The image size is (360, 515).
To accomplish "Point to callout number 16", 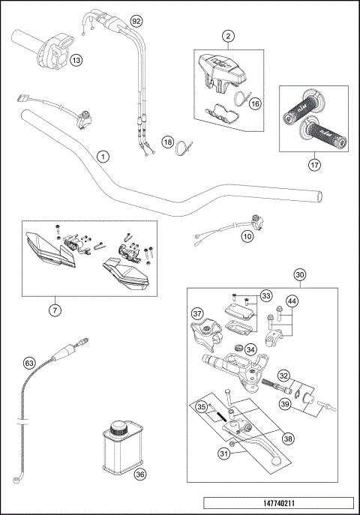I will pyautogui.click(x=254, y=104).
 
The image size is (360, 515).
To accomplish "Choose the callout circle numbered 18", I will pyautogui.click(x=169, y=142).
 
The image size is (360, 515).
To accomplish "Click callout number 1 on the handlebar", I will pyautogui.click(x=103, y=156).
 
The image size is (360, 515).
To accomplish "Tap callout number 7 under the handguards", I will pyautogui.click(x=56, y=309).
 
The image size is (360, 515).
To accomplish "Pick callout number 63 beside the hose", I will pyautogui.click(x=29, y=364).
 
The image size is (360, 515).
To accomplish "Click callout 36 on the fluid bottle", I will pyautogui.click(x=140, y=473).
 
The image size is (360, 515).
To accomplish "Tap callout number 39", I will pyautogui.click(x=285, y=405).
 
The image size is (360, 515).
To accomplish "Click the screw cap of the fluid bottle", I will pyautogui.click(x=118, y=430).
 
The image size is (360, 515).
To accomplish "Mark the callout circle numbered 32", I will pyautogui.click(x=284, y=376).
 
